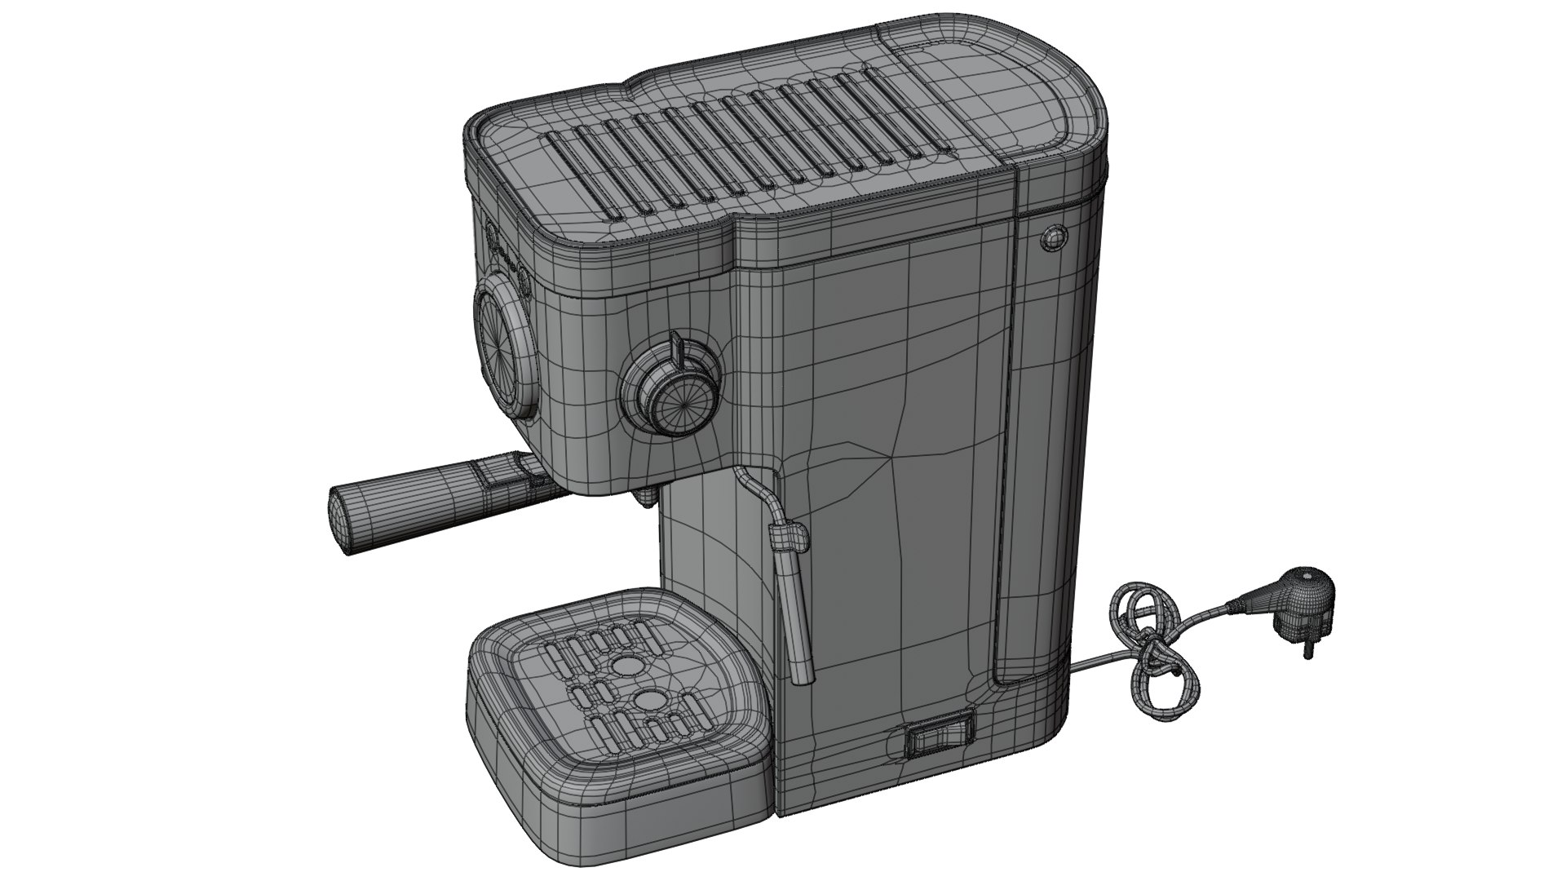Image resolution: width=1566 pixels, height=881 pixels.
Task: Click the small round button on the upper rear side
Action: (x=1053, y=238)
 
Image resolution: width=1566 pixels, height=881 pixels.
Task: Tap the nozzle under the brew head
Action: (x=646, y=497)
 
